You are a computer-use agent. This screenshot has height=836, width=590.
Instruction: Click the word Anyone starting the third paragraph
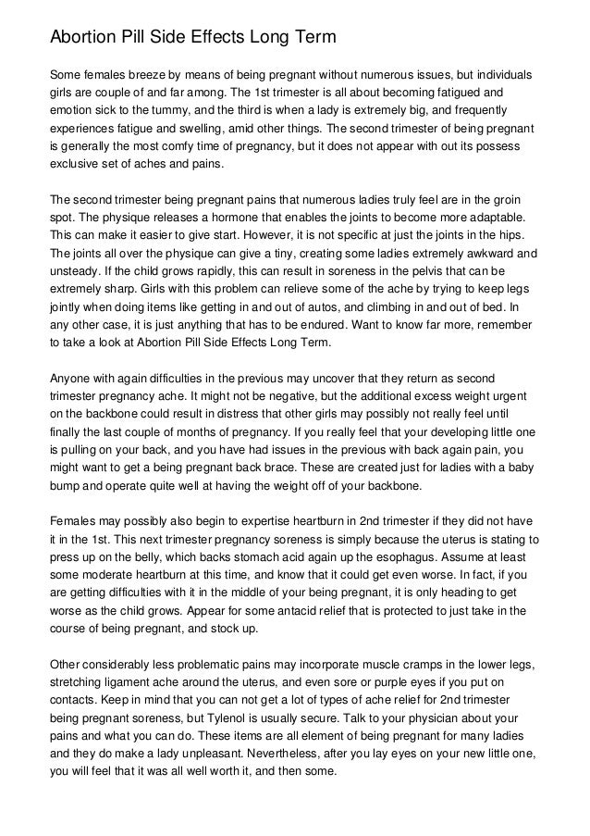tap(71, 380)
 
